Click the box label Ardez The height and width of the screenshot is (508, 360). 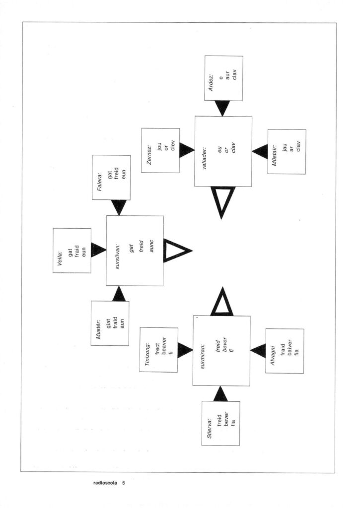[x=211, y=83]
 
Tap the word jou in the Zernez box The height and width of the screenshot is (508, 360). [x=159, y=147]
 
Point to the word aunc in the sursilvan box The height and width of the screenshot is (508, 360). [x=151, y=246]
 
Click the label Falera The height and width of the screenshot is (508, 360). [x=100, y=182]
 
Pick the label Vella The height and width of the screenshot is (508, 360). [x=60, y=258]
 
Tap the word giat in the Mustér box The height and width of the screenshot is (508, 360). [x=109, y=323]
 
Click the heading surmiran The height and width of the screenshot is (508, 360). [x=203, y=357]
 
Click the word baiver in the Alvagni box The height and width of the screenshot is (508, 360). [x=289, y=347]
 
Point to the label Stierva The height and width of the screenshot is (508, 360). [x=210, y=428]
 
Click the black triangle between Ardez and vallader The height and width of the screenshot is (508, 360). [x=222, y=108]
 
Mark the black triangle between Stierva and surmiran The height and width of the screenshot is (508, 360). [x=220, y=394]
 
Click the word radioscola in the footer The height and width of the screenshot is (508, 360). [x=105, y=483]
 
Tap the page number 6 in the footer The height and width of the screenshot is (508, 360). [x=123, y=483]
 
